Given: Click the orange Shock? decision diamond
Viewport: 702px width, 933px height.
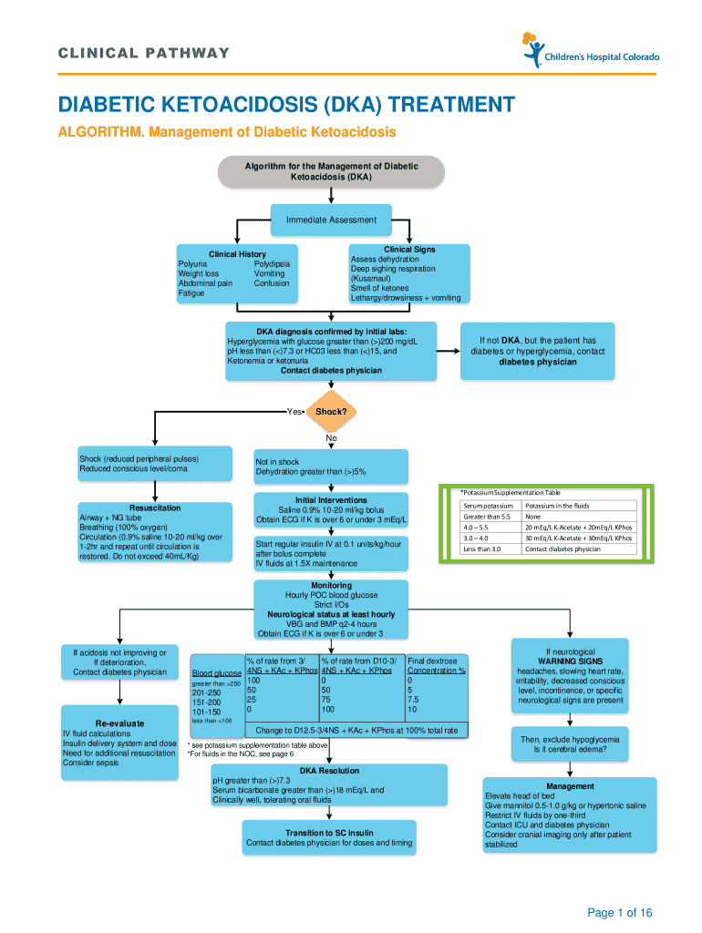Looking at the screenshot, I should (331, 411).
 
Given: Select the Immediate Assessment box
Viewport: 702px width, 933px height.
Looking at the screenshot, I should (331, 220).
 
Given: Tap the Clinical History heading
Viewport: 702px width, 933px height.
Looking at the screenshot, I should (237, 254).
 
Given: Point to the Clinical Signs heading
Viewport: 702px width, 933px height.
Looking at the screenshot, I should (409, 250).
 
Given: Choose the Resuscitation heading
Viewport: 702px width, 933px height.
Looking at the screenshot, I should (155, 508).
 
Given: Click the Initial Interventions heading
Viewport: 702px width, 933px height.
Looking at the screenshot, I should (331, 500).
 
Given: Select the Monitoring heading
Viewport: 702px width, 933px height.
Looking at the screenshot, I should (331, 586).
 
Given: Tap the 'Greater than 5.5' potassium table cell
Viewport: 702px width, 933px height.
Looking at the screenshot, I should (484, 517).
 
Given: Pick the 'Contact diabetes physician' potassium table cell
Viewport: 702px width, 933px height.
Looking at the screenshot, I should (563, 549).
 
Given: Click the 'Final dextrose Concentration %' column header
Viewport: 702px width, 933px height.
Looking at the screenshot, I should (436, 665).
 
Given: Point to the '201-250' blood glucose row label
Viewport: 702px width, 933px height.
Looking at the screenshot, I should (207, 692).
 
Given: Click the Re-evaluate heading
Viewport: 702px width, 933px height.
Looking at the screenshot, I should (119, 723).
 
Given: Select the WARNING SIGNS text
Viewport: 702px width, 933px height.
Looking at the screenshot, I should (570, 661).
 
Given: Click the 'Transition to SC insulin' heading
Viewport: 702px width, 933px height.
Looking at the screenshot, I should (329, 833).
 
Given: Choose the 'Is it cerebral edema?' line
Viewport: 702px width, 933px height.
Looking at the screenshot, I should (570, 749).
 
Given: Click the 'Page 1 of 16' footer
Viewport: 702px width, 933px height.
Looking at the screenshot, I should (620, 913).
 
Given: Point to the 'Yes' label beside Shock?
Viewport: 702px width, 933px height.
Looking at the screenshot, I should (294, 412).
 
